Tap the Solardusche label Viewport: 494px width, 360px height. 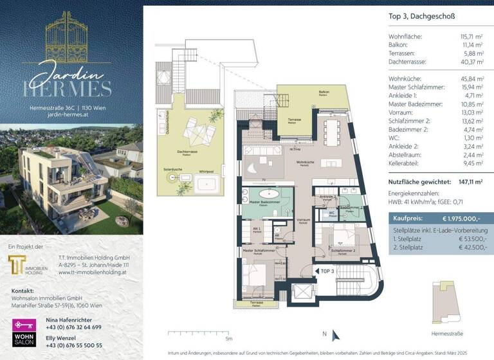coord(173,169)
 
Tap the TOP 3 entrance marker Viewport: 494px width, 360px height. coord(327,271)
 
